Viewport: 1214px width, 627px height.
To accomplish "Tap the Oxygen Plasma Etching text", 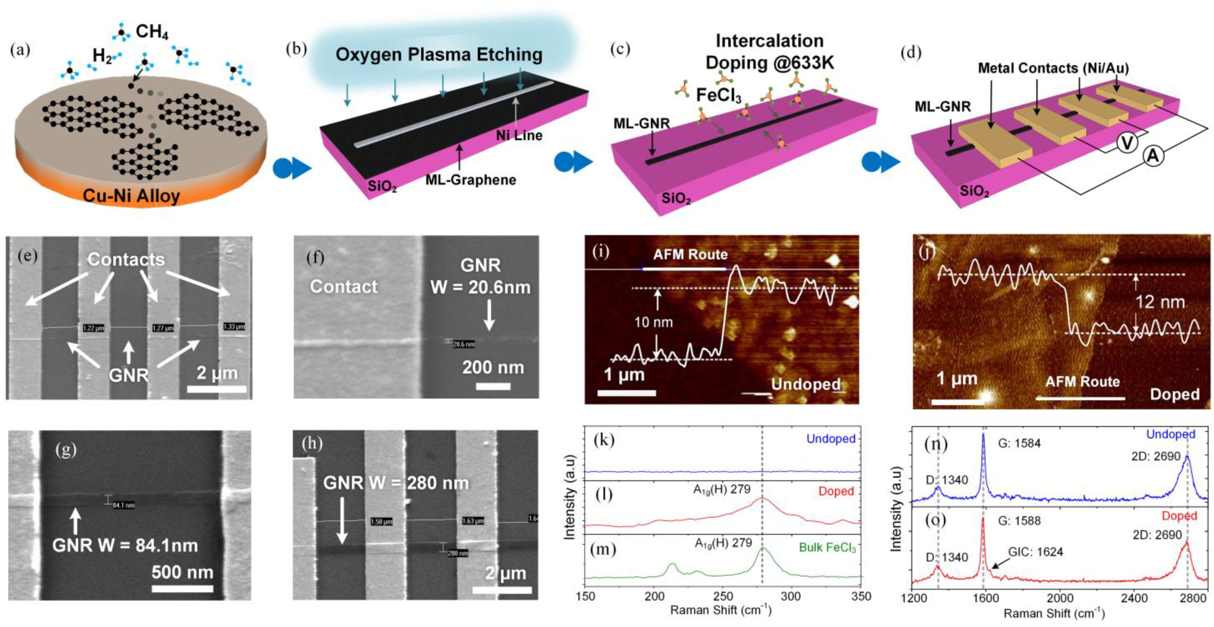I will [439, 55].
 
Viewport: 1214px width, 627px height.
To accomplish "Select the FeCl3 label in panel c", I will [719, 96].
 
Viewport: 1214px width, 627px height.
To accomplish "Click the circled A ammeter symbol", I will [1153, 156].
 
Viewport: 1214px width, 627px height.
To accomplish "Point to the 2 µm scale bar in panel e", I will [217, 389].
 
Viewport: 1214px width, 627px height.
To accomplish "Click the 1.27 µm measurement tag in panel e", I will [163, 328].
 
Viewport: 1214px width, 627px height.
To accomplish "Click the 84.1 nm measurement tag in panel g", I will [123, 505].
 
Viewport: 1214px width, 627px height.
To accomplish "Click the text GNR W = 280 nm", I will [396, 483].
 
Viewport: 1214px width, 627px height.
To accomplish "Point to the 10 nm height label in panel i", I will [653, 322].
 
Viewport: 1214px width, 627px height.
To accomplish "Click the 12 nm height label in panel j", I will [1160, 302].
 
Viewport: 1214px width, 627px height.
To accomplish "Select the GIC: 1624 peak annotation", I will [1036, 552].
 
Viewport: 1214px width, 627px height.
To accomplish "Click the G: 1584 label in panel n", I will [1019, 443].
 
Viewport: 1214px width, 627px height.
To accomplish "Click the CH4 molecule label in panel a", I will [152, 32].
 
